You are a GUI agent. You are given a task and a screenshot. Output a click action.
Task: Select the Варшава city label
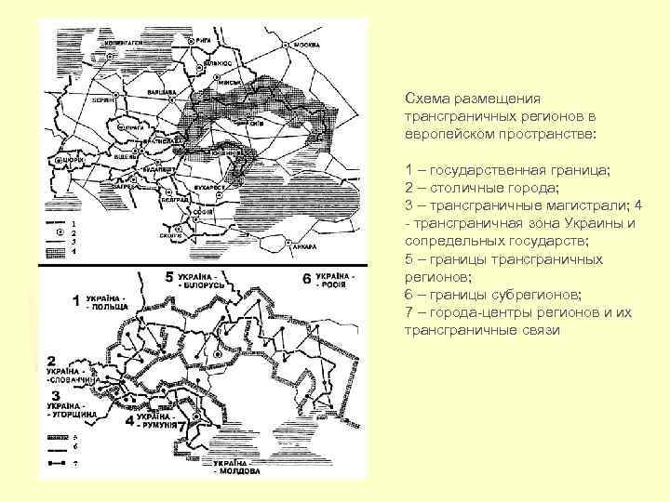[167, 92]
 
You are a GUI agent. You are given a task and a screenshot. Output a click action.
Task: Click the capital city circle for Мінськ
[212, 82]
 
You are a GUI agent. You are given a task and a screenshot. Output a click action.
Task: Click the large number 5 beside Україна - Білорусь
[169, 277]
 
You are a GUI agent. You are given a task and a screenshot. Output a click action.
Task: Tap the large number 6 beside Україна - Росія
[307, 279]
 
